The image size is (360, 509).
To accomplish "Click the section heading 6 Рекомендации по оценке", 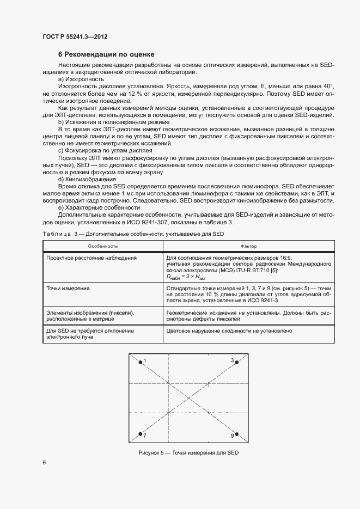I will click(106, 54).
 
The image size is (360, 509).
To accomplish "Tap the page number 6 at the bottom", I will click(44, 463).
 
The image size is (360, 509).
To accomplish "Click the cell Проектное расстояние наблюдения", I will click(91, 258).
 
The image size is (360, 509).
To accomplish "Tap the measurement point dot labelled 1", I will click(141, 361).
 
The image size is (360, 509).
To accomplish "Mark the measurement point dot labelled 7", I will click(141, 434).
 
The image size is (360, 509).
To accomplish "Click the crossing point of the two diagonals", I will click(188, 398).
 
